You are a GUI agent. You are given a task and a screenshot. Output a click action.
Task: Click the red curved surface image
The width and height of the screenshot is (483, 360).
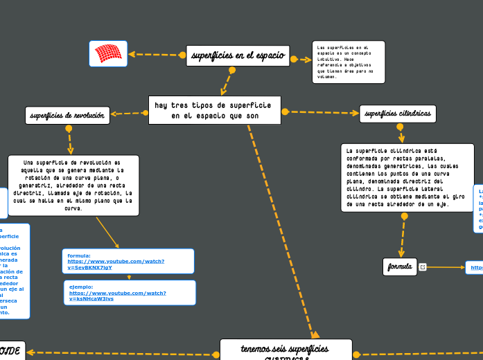108,53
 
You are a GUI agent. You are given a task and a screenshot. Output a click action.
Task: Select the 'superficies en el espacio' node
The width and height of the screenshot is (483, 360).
238,55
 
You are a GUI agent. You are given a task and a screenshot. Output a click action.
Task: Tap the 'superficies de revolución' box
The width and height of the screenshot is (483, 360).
68,116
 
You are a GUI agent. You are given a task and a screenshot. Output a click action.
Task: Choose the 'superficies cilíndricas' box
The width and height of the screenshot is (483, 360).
398,114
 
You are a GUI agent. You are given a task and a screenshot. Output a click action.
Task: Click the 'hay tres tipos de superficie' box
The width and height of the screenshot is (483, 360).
215,110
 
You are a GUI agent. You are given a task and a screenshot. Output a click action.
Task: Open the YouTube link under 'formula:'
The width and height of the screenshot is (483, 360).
116,264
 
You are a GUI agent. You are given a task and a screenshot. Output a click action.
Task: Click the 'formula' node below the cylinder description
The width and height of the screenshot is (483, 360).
400,267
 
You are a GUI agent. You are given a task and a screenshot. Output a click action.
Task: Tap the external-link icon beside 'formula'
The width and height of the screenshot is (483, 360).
423,267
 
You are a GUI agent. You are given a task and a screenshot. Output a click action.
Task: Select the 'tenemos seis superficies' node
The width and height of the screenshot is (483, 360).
285,350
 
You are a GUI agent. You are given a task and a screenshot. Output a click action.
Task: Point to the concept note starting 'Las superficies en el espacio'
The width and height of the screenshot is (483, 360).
349,62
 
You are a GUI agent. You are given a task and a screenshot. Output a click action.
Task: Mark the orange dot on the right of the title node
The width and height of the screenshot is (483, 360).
294,59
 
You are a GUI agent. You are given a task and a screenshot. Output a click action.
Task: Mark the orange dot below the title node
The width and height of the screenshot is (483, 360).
232,70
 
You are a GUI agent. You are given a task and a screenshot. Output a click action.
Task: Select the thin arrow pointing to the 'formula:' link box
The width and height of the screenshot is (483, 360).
107,233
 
